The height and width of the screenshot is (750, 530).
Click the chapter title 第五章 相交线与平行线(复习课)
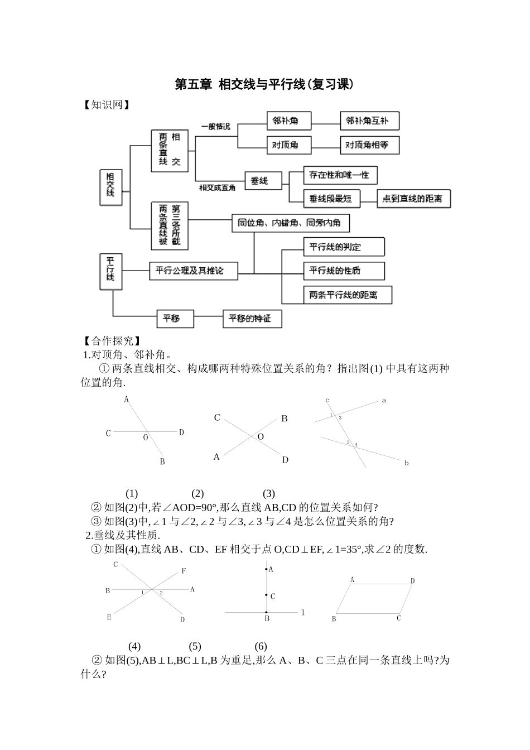coord(264,85)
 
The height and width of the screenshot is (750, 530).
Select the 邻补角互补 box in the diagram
coord(369,121)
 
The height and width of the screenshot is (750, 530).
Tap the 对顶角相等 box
coord(369,145)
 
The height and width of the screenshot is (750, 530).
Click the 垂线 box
coord(263,181)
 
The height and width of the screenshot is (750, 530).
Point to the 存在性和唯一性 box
coord(340,175)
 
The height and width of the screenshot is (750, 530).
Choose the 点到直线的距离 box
coord(413,199)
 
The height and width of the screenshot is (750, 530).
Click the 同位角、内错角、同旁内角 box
coord(290,223)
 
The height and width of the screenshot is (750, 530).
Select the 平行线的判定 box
coord(344,247)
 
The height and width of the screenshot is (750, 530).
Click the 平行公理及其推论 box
coord(194,271)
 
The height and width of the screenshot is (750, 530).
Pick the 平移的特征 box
coord(252,319)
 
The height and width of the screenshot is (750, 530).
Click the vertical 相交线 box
coord(110,187)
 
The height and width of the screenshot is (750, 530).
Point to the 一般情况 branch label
coord(216,127)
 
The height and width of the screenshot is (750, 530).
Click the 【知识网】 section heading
coord(107,105)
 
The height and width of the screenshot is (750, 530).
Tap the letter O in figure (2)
coord(261,437)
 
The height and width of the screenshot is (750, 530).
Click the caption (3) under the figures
coord(268,493)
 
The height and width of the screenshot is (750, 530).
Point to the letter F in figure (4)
coord(184,571)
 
